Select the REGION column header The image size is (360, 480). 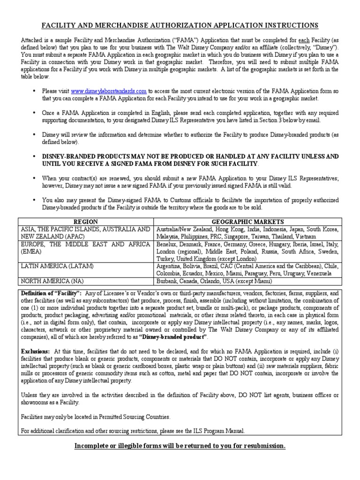[x=86, y=221]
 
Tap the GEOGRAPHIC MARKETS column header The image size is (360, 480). [x=247, y=221]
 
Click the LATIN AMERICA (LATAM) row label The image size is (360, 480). [x=57, y=266]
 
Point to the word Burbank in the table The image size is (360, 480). [x=167, y=281]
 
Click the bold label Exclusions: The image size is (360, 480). [x=36, y=351]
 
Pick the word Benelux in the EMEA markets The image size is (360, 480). [x=167, y=244]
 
